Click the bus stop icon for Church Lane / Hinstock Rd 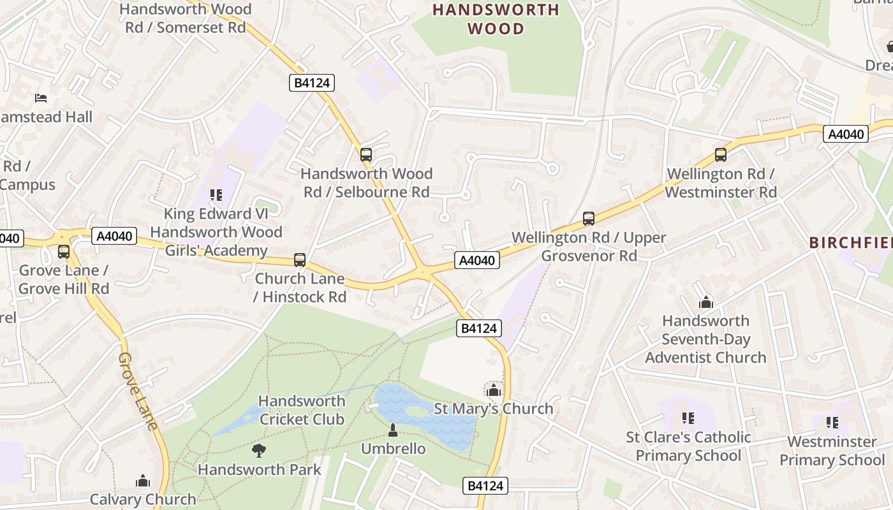(300, 260)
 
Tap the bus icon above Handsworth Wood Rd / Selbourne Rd (365, 154)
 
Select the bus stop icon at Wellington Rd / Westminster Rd (720, 154)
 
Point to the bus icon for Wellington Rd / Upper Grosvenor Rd (588, 219)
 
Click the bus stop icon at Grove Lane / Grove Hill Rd (63, 251)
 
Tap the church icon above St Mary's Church (493, 390)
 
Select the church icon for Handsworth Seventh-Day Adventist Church (705, 302)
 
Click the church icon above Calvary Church (143, 481)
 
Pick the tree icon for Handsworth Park (258, 451)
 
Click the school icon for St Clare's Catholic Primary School (688, 418)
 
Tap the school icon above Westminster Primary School (832, 423)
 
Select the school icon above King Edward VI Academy (216, 194)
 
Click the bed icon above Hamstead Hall (41, 98)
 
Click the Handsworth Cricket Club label (302, 410)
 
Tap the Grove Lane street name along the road (138, 391)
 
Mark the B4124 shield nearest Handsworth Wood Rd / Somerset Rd (312, 83)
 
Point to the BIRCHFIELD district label (850, 243)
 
